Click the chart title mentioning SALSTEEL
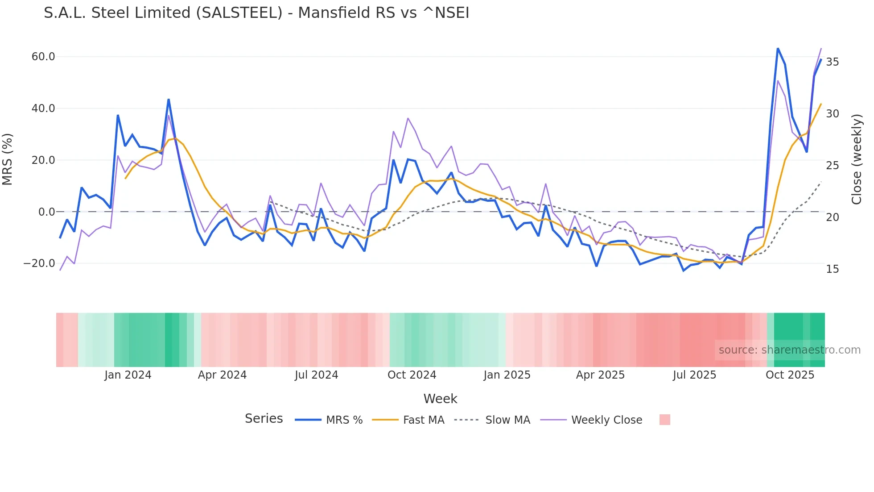(256, 13)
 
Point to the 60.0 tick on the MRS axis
(43, 57)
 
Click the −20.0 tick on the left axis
(39, 263)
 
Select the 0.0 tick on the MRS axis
(47, 212)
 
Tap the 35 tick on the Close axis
(833, 62)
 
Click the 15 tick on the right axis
(833, 269)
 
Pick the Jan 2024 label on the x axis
(128, 375)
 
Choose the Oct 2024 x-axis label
(412, 375)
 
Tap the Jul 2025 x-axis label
(694, 375)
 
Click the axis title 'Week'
(440, 399)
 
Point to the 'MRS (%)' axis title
(8, 159)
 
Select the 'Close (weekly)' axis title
(857, 159)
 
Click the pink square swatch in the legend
(664, 420)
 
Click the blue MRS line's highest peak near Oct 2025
(778, 48)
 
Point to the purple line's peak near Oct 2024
(408, 118)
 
